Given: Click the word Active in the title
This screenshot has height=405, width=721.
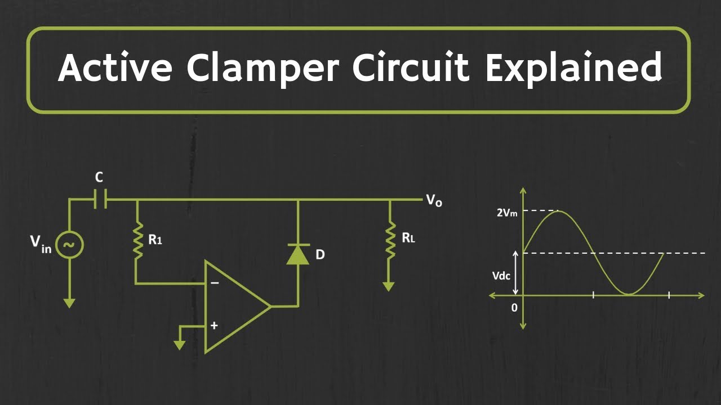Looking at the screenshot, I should tap(115, 68).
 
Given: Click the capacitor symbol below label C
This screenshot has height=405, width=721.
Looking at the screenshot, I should tap(100, 199).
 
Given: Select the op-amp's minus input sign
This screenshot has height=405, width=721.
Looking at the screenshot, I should tap(214, 283).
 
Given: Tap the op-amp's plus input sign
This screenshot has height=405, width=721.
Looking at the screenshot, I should tap(214, 325).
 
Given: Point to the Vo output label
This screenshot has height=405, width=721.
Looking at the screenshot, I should tap(434, 200).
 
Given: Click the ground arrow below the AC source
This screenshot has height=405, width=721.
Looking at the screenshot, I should tap(69, 303).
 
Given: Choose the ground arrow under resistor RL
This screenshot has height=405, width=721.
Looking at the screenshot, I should tap(389, 286).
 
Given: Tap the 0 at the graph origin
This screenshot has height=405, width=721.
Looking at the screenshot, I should tap(514, 308).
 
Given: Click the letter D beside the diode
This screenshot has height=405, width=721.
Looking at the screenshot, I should tap(320, 255).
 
